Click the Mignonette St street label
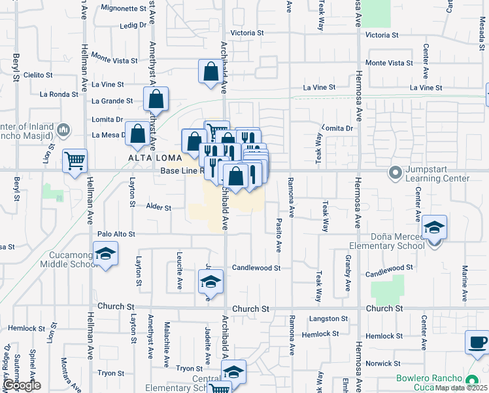(125, 9)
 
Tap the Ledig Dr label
(133, 25)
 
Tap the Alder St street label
(158, 208)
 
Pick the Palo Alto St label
(116, 234)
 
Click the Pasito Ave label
(278, 236)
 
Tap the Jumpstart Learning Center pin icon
(395, 174)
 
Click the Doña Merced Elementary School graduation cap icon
(434, 228)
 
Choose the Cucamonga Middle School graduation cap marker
(105, 254)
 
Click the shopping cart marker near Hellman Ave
(75, 160)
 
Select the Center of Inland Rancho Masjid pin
(63, 130)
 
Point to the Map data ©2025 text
(461, 388)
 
